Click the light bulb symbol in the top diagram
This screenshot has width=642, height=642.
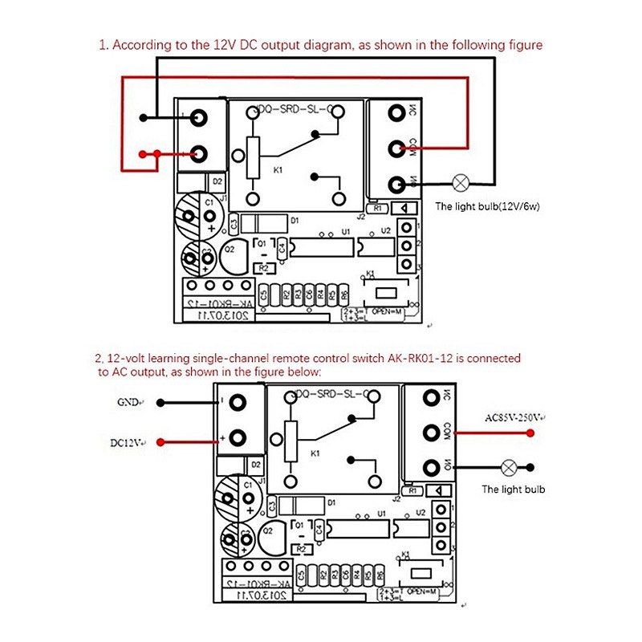(x=461, y=183)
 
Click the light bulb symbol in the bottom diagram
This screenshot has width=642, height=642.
(x=508, y=466)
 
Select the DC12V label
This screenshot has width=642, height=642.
(x=127, y=442)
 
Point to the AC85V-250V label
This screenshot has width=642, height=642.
(x=514, y=417)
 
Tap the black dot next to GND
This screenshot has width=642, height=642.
(x=161, y=402)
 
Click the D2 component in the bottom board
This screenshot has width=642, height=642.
(x=255, y=465)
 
